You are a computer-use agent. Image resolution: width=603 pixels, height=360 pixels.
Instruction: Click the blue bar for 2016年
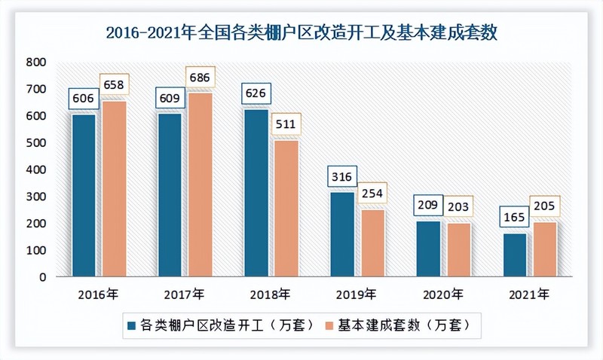click(84, 195)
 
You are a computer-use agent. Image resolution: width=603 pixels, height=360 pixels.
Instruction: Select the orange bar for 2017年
click(200, 185)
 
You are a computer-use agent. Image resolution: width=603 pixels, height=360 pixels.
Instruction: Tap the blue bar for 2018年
click(256, 193)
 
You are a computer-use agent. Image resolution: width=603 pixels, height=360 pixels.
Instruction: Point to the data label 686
click(200, 77)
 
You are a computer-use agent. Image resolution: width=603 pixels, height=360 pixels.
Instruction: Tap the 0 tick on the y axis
click(43, 276)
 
